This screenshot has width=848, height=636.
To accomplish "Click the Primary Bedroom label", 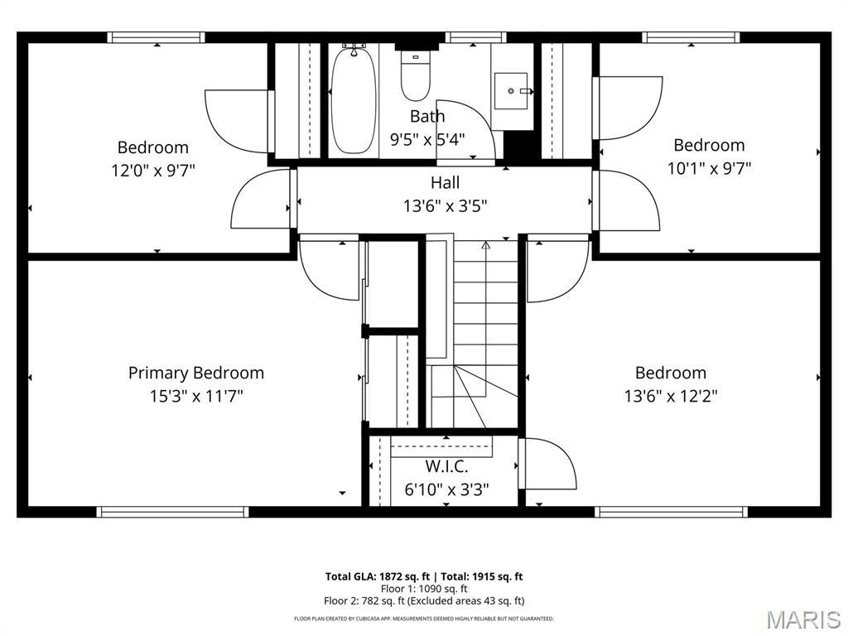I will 196,373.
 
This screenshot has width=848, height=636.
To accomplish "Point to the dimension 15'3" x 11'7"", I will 196,396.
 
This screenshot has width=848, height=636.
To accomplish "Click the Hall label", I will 445,182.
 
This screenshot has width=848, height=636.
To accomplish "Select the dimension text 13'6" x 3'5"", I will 445,205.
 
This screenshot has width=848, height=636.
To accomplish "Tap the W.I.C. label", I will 446,466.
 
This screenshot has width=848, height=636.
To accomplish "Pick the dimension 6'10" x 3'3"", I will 446,489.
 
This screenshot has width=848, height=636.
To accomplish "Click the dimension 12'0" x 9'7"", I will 153,171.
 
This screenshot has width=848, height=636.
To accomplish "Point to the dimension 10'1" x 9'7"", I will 709,168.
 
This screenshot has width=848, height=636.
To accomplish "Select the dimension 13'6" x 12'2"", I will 671,396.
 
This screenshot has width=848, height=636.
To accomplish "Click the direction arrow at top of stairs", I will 486,245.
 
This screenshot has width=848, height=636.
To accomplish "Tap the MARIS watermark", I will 803,619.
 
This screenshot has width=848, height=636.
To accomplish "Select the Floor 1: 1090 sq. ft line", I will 423,589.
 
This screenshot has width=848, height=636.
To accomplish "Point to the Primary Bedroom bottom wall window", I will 173,512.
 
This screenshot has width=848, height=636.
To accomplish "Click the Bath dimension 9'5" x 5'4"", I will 427,139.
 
